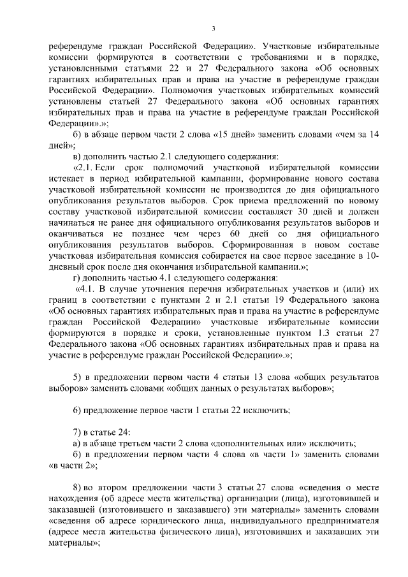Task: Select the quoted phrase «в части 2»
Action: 71,465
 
